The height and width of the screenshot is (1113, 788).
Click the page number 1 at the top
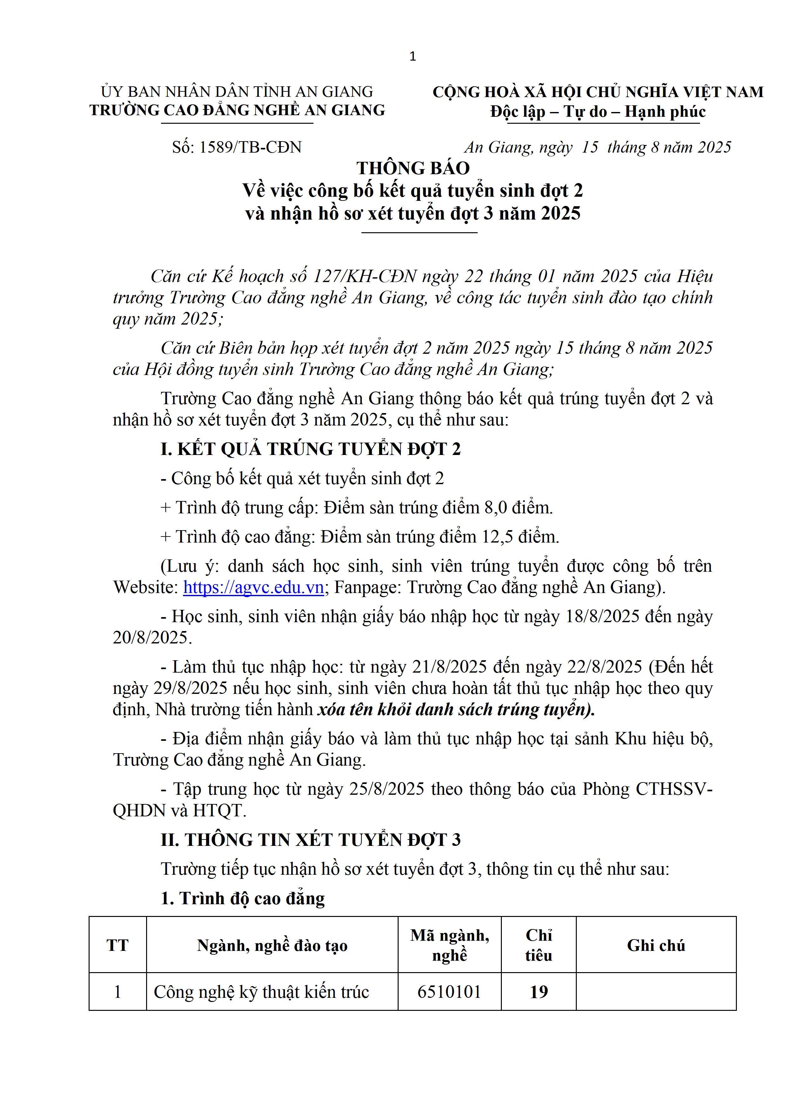pos(413,57)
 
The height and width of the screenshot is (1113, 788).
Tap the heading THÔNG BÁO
pos(413,168)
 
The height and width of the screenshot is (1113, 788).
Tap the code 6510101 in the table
pos(449,992)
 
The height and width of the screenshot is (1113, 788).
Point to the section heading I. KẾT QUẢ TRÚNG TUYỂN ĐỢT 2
pos(311,449)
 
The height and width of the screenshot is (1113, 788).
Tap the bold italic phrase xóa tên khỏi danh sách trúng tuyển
pos(456,710)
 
